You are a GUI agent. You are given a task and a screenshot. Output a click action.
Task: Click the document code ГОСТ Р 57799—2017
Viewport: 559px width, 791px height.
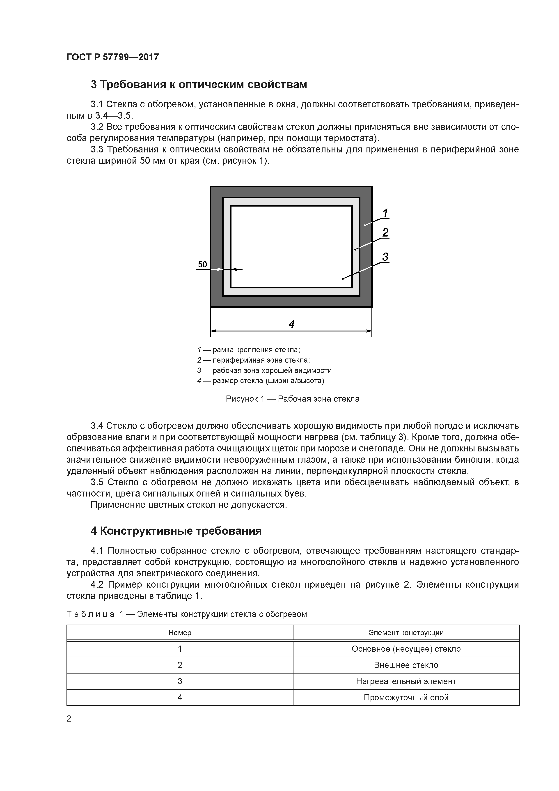pos(113,57)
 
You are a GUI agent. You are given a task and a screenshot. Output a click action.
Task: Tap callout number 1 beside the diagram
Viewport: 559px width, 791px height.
pos(385,213)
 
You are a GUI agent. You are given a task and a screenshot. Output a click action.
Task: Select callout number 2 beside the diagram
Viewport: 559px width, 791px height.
pos(385,233)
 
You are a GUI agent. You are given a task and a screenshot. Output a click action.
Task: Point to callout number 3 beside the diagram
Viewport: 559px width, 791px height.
pos(385,257)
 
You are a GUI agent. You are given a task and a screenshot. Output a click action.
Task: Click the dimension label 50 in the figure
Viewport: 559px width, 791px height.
pos(202,264)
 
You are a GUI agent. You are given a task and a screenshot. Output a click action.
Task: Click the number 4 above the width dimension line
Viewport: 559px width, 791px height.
pos(291,324)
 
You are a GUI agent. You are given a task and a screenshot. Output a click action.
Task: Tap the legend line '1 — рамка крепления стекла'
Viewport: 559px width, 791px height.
pos(249,350)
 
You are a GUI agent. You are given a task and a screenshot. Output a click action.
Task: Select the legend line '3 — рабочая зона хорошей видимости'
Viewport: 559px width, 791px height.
pos(266,371)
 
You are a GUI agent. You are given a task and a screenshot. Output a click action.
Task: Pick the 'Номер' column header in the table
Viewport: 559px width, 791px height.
pos(180,633)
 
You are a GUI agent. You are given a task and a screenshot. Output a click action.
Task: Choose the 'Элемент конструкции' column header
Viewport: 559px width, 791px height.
pos(406,633)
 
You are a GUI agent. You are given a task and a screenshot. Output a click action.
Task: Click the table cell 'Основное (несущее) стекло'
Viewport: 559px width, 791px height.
pos(406,649)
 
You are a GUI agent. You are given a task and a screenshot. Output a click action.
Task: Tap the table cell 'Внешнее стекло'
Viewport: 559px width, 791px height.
pos(406,665)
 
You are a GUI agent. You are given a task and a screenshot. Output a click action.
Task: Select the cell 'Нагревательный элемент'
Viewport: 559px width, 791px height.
pos(406,681)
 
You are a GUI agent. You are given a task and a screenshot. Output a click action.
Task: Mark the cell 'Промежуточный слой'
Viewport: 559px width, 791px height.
pos(406,698)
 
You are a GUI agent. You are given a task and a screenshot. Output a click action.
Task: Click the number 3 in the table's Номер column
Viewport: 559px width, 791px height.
pos(180,681)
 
